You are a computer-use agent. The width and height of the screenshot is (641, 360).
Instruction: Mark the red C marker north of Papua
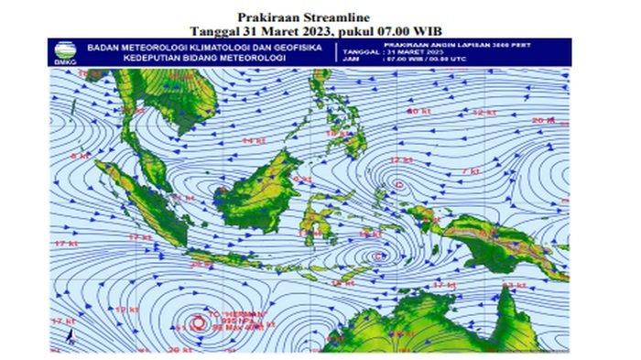(399, 185)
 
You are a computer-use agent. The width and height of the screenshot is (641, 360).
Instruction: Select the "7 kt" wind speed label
(474, 171)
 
